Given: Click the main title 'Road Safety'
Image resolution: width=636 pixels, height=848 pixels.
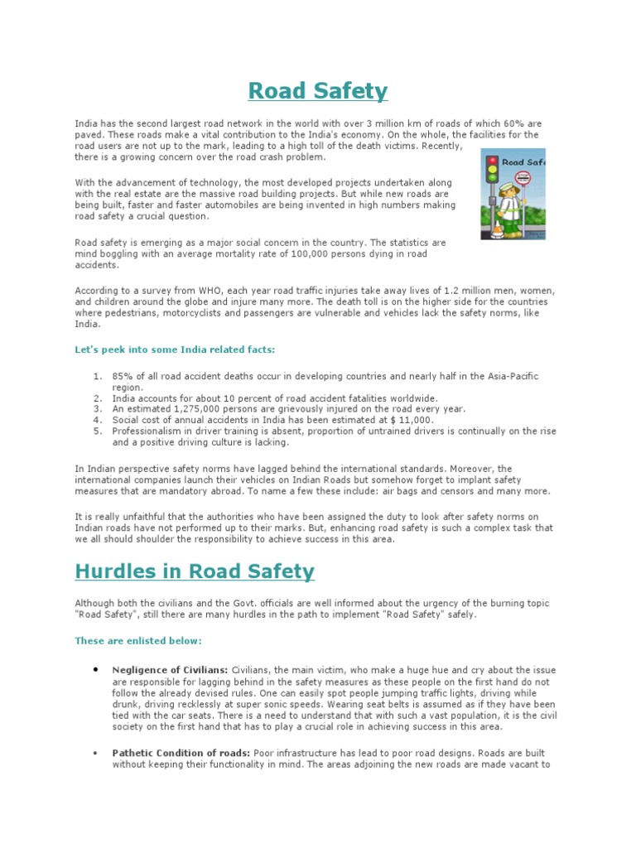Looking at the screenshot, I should tap(318, 91).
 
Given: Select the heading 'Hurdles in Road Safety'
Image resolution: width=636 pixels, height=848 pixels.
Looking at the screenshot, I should tap(195, 571).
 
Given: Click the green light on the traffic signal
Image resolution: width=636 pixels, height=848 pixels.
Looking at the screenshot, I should tap(493, 177).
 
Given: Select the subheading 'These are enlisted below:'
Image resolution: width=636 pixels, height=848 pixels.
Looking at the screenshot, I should tap(138, 640).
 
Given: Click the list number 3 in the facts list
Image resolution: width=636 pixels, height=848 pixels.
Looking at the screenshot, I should tap(97, 409).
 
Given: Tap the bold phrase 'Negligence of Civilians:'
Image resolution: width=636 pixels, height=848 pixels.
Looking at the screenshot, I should tap(170, 668).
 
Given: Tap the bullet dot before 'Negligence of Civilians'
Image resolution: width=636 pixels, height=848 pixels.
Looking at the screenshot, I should tap(96, 667).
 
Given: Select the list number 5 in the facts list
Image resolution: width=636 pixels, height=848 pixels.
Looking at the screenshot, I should tap(97, 431).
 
